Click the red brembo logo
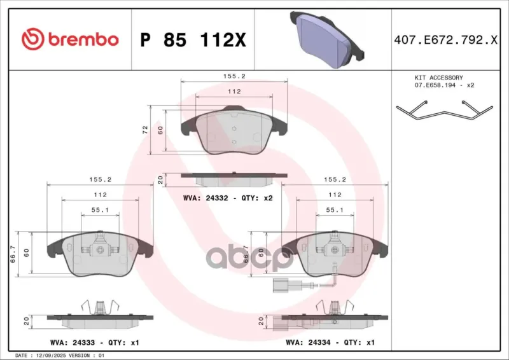(70, 39)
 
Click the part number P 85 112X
(193, 40)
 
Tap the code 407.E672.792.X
(446, 40)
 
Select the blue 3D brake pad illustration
(327, 39)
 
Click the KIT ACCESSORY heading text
(439, 78)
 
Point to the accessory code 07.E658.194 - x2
(444, 85)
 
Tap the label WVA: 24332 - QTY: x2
(228, 198)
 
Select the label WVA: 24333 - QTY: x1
(95, 342)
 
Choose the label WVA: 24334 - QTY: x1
(330, 342)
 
